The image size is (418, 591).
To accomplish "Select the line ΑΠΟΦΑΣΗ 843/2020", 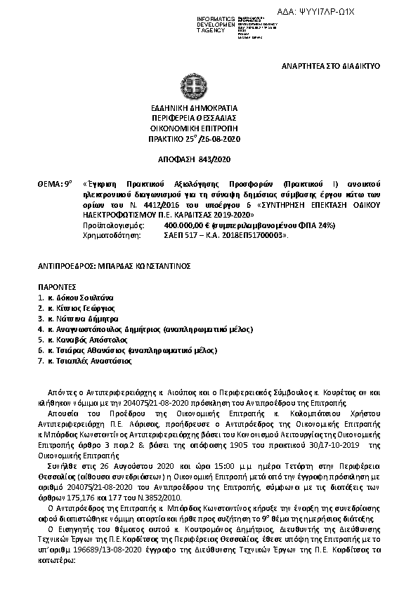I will (208, 160).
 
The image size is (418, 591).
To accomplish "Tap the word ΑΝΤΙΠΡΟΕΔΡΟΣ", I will (65, 267).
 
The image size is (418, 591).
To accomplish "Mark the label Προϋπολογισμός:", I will (112, 225).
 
